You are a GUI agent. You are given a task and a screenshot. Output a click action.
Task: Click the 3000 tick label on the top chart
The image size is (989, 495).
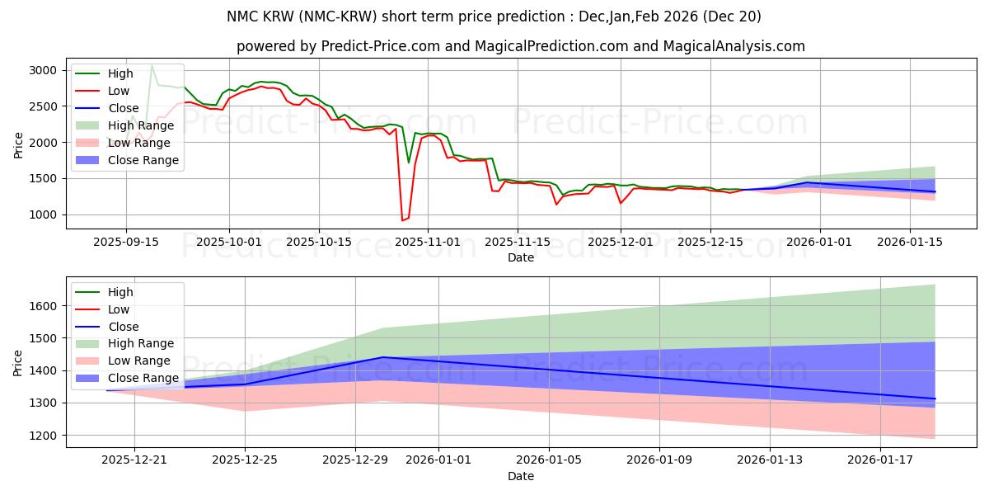(x=43, y=71)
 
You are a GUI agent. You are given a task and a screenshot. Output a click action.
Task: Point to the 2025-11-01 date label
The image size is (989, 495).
(x=428, y=243)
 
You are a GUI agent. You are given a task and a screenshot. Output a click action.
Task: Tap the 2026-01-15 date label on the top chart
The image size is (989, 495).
(x=910, y=243)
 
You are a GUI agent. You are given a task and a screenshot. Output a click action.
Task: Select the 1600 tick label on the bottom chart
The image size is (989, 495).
(x=43, y=306)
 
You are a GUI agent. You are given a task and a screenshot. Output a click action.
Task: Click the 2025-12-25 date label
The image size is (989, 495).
(x=245, y=460)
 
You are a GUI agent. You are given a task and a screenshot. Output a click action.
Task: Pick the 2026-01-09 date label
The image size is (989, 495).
(x=659, y=460)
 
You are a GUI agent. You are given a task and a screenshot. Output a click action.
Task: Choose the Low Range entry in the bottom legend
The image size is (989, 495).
(x=122, y=361)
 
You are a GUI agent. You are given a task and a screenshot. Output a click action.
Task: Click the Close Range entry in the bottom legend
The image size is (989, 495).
(x=127, y=378)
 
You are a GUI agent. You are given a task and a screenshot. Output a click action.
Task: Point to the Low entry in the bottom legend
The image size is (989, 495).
(x=102, y=309)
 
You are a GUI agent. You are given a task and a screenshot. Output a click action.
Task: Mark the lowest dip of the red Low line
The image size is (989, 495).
(x=402, y=220)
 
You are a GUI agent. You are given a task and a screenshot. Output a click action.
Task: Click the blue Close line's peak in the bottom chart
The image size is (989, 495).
(x=382, y=357)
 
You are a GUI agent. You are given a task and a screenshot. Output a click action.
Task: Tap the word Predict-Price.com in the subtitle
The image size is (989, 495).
(x=381, y=46)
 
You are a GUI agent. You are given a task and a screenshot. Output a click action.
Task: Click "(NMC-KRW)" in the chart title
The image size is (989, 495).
(x=338, y=16)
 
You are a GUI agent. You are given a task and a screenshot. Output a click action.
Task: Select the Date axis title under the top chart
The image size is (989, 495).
(x=521, y=257)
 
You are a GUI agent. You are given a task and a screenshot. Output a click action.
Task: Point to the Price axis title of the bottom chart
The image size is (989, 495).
(x=17, y=363)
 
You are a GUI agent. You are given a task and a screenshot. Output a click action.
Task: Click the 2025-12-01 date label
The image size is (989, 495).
(x=621, y=243)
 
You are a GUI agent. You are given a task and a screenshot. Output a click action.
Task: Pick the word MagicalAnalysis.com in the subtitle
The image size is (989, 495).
(x=734, y=46)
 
